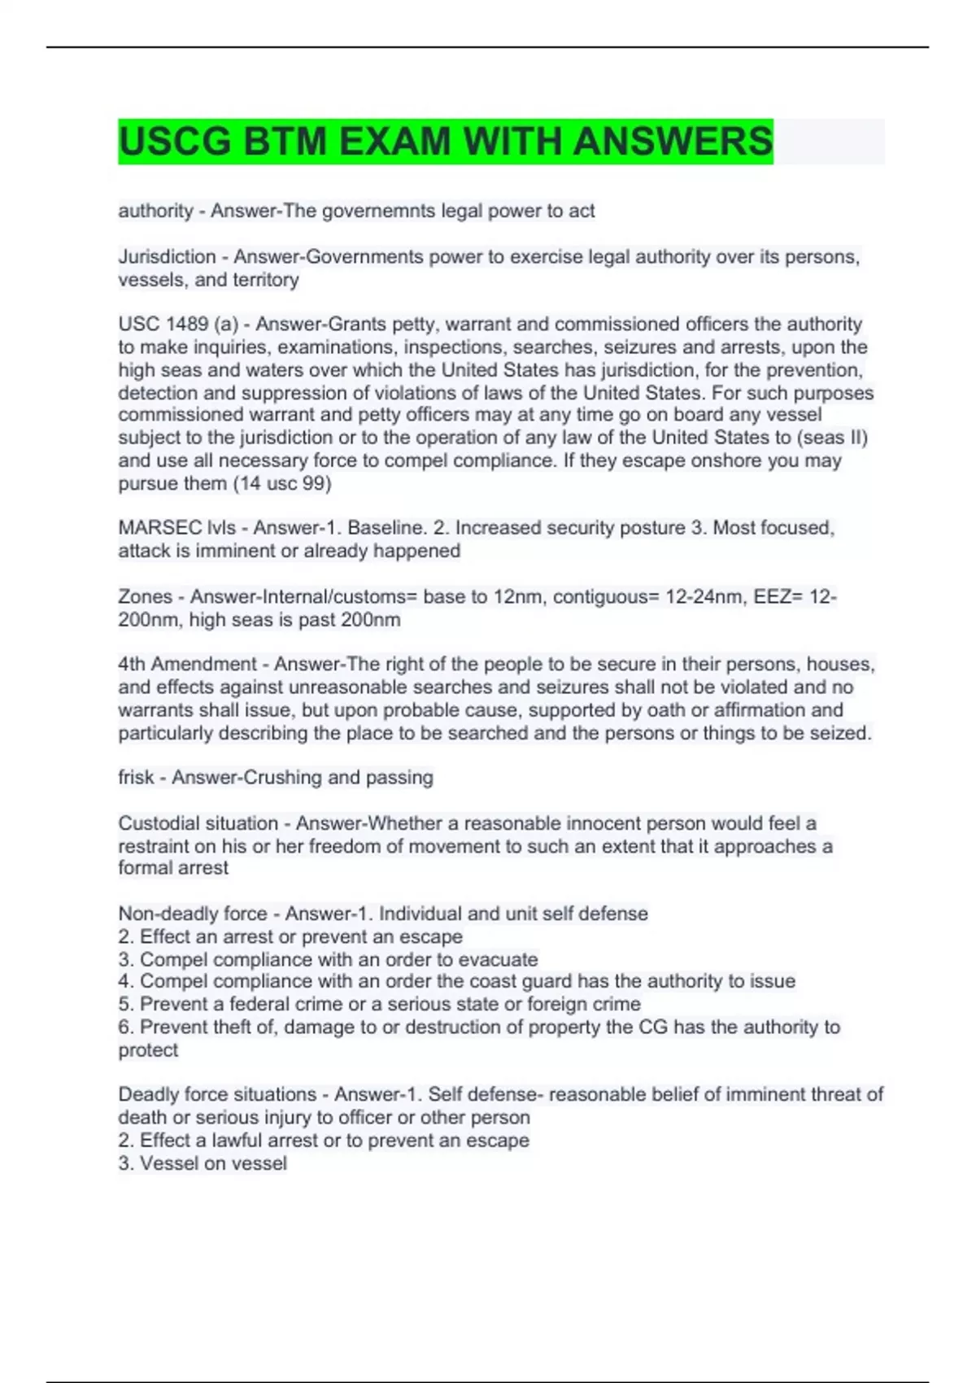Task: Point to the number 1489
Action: (x=187, y=324)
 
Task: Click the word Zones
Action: (x=146, y=596)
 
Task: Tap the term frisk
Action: (x=136, y=778)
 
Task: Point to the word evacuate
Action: (x=498, y=959)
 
